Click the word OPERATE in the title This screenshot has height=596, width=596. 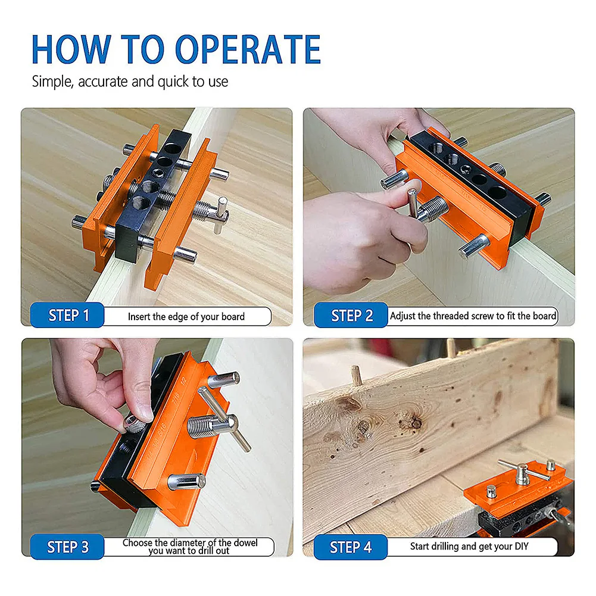pos(248,49)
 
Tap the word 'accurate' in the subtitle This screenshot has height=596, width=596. pos(102,82)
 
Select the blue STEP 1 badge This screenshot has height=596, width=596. pos(67,315)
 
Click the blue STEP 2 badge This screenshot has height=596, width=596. pos(351,315)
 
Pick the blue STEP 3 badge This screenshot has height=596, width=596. pos(67,547)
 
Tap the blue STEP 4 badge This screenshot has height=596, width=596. pos(351,547)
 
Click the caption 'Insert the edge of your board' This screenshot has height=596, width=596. pos(186,317)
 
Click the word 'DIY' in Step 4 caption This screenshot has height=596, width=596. pos(522,546)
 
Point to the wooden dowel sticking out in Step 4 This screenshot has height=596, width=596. pos(356,375)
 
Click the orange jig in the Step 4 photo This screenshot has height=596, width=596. pos(517,484)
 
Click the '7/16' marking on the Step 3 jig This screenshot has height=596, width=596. pos(176,398)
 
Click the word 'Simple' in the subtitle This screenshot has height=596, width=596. pos(52,82)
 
